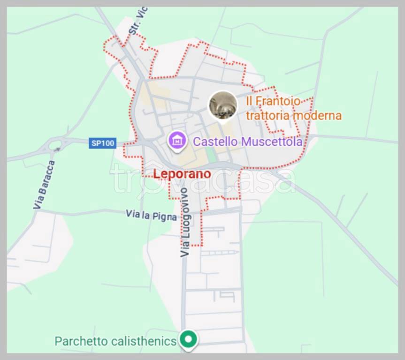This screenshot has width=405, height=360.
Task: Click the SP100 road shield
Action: pyautogui.click(x=102, y=143)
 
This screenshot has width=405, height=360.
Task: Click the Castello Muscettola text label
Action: pyautogui.click(x=248, y=142)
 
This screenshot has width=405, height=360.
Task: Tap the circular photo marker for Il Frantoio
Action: pyautogui.click(x=222, y=105)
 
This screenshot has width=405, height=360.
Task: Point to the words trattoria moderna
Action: pyautogui.click(x=294, y=115)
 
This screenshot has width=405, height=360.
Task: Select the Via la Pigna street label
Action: pyautogui.click(x=151, y=215)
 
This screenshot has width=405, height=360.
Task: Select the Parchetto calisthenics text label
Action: pyautogui.click(x=115, y=341)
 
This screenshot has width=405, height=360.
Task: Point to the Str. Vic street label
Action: pyautogui.click(x=138, y=21)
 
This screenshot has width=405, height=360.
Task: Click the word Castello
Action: pyautogui.click(x=215, y=142)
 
